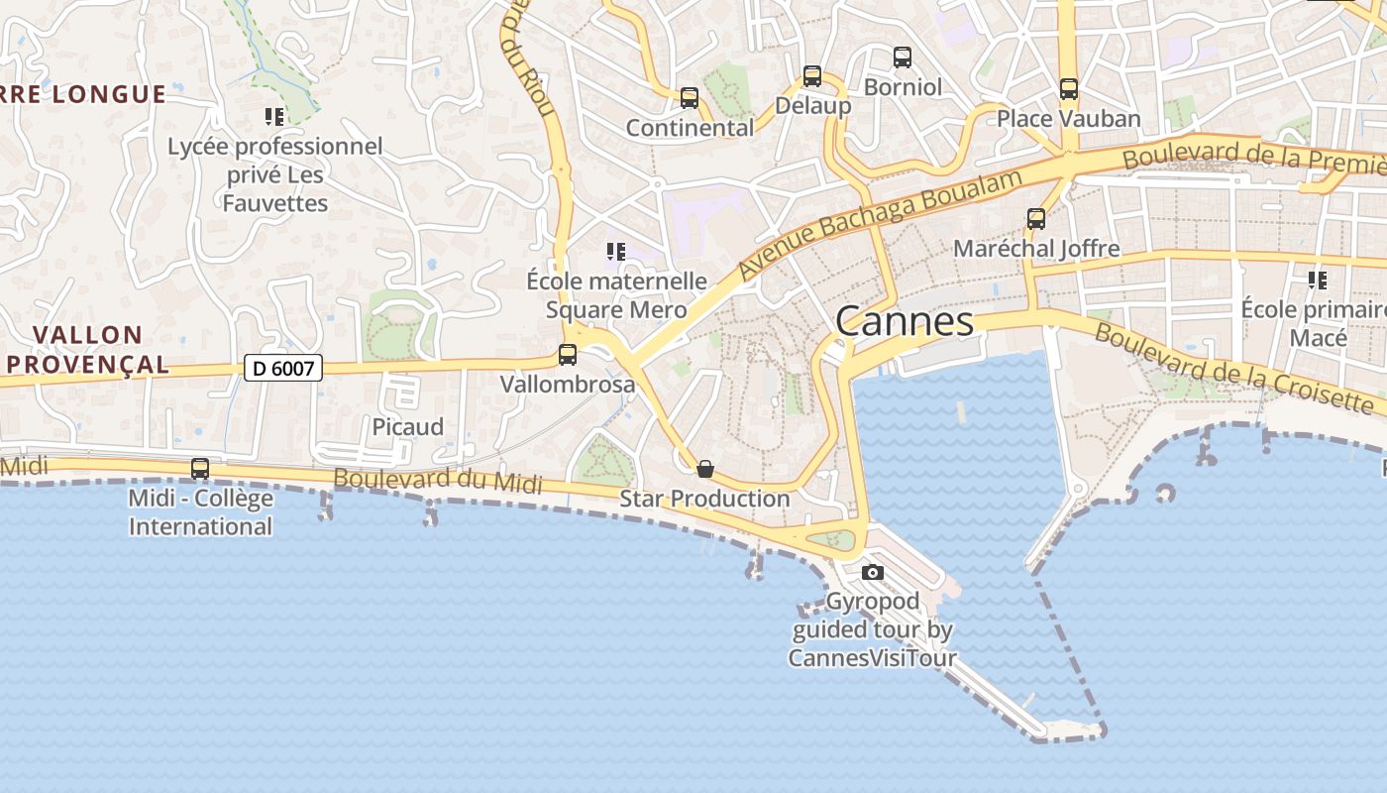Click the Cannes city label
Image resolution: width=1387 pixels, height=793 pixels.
click(x=905, y=321)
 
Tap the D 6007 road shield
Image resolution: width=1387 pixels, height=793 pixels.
click(x=283, y=369)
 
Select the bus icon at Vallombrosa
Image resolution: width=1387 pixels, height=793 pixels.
click(x=568, y=355)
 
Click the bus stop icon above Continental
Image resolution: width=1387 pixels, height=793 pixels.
click(x=690, y=98)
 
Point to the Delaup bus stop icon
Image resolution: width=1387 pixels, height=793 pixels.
click(x=812, y=75)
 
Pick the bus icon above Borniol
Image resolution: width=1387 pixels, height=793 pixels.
click(x=903, y=57)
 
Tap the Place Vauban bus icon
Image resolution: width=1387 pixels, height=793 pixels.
click(x=1068, y=88)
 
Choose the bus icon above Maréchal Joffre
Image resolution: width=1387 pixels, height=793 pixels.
click(x=1036, y=219)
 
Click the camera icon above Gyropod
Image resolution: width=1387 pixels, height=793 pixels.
click(x=873, y=572)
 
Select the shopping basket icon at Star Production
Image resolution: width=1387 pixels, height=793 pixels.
click(x=705, y=469)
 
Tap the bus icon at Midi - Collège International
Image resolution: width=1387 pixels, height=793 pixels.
click(x=200, y=469)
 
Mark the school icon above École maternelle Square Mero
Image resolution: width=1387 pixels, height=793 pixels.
click(x=616, y=252)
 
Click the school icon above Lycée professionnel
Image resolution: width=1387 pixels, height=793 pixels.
click(x=274, y=117)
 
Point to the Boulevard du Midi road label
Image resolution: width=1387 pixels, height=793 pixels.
click(x=438, y=480)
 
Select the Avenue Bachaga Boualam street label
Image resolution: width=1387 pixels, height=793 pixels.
click(x=880, y=221)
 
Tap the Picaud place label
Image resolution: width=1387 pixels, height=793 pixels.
click(x=408, y=427)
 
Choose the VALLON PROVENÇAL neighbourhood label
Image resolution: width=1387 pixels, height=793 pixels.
click(x=87, y=350)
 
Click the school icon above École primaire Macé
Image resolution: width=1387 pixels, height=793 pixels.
click(x=1318, y=281)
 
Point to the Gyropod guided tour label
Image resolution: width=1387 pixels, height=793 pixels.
click(x=873, y=629)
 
